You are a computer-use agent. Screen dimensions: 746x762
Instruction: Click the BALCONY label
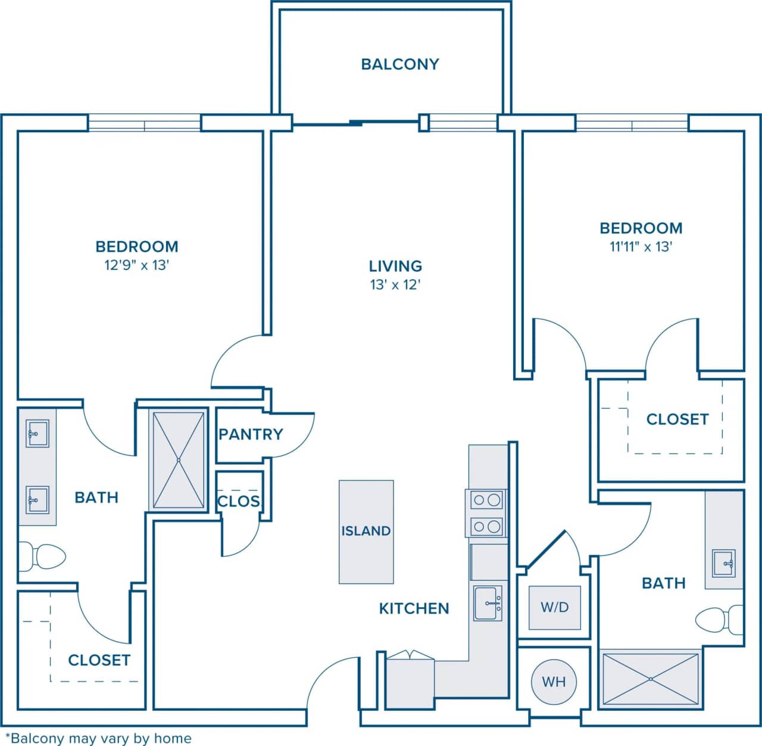[399, 64]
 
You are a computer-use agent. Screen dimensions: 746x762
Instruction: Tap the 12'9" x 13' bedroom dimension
[137, 265]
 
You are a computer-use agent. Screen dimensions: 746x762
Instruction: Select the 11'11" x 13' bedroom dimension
[641, 247]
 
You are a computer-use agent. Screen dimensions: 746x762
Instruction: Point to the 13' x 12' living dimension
[395, 284]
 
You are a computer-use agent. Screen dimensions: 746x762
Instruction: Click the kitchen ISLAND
[366, 531]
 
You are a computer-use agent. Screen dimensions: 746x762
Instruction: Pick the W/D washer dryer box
[555, 607]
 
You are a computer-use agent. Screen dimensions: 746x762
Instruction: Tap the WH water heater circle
[554, 681]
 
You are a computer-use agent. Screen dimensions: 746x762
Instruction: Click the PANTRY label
[251, 434]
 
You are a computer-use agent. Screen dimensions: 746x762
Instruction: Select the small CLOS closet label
[239, 501]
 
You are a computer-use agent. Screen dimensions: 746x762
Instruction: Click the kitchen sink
[488, 603]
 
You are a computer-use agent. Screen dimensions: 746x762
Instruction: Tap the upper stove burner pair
[487, 500]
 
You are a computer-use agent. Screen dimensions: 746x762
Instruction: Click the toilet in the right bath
[718, 620]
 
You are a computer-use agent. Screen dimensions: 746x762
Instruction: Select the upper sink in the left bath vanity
[38, 433]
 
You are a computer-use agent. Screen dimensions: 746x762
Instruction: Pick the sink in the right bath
[724, 563]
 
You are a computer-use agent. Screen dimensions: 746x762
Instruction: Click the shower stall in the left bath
[179, 460]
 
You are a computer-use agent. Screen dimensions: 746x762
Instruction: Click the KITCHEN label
[414, 608]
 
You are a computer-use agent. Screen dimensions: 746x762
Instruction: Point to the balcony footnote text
[98, 738]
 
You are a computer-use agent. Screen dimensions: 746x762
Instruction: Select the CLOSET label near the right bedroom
[677, 419]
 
